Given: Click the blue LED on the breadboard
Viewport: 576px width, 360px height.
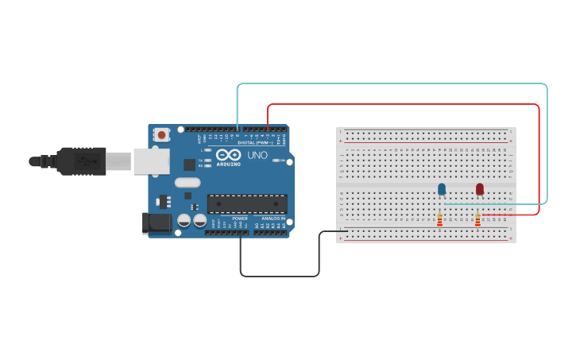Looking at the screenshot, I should click(442, 189).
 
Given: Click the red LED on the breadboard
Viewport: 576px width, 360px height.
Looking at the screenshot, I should click(480, 189).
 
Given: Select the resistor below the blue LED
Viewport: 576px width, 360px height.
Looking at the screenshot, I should click(439, 219).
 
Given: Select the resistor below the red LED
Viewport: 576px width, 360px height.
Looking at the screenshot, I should click(477, 219).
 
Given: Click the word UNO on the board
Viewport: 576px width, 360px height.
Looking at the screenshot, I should click(258, 155).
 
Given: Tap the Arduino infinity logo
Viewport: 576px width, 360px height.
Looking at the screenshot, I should click(229, 155).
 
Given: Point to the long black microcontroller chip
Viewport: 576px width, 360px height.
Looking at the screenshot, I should click(247, 203).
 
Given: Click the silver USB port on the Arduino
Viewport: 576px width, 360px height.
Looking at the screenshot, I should click(151, 161).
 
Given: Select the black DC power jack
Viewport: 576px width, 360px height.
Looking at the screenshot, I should click(156, 223).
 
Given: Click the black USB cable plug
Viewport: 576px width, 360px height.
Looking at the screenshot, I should click(79, 161).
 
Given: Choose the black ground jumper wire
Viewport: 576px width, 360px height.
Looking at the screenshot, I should click(278, 277).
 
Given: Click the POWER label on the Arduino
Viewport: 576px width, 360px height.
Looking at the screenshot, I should click(240, 218).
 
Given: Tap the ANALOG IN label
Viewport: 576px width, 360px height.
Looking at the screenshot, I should click(273, 218).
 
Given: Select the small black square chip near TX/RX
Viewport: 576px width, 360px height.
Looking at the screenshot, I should click(189, 165).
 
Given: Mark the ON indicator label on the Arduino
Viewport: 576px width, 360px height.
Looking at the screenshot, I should click(282, 161).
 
